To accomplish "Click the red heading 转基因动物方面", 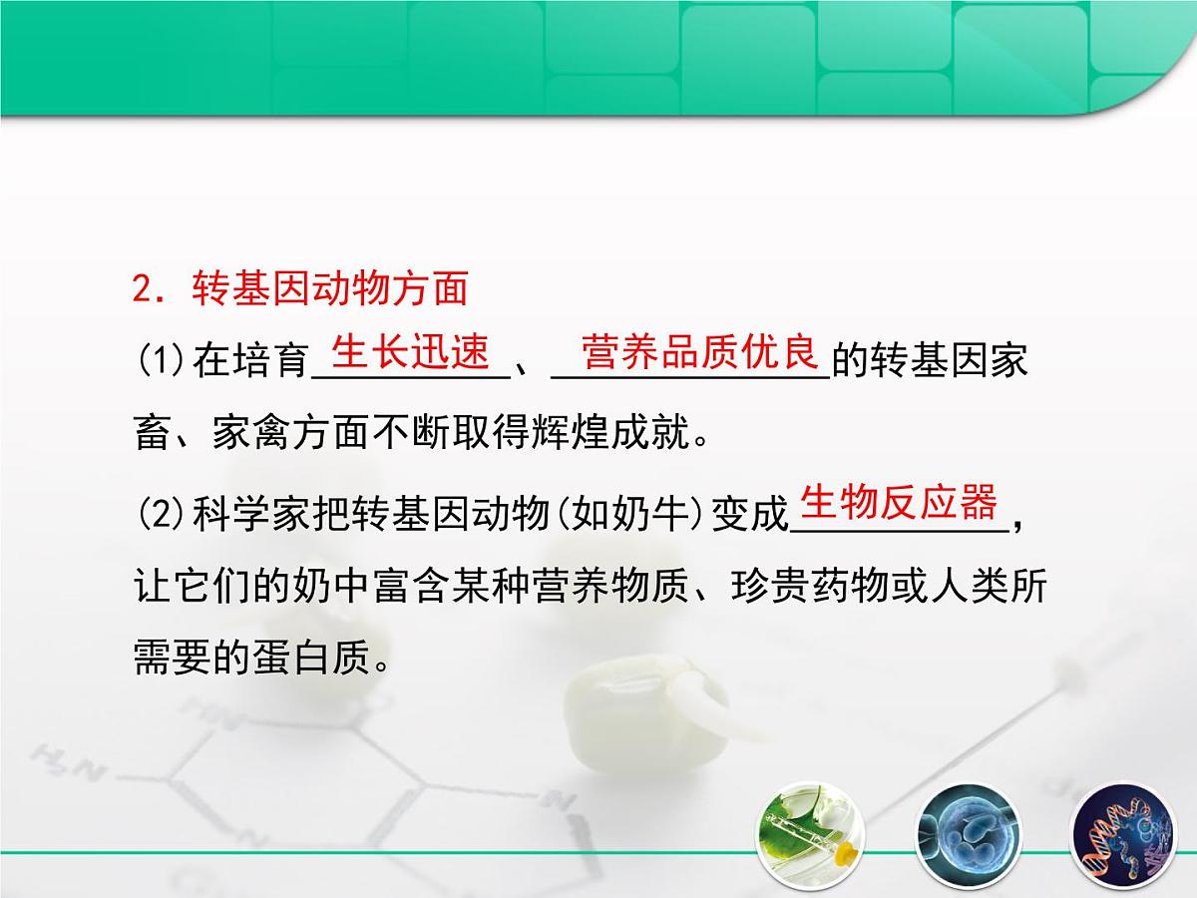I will (x=328, y=289).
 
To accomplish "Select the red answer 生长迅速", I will (x=410, y=352).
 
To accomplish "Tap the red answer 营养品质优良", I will (x=699, y=352).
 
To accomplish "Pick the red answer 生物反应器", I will (x=899, y=504).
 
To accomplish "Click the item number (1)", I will (x=160, y=360).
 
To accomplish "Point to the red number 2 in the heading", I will (x=142, y=290).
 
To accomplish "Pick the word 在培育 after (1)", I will (x=250, y=360).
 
